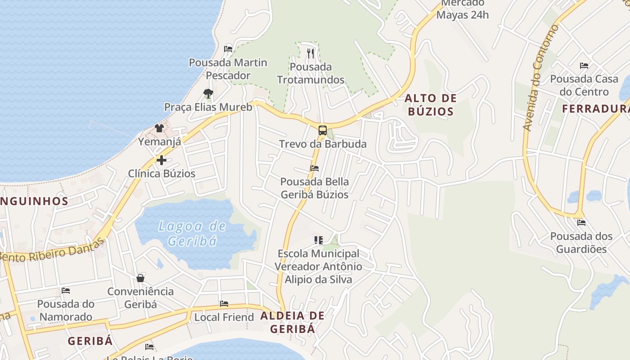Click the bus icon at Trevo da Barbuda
pos(322,130)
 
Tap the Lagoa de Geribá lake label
pos(192,233)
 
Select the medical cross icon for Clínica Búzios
pos(162,160)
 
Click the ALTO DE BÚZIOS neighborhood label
pos(430,105)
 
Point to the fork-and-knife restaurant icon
pos(310,54)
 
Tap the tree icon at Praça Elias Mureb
pos(208,94)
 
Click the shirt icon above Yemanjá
pos(159,128)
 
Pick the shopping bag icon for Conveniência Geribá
pos(140,278)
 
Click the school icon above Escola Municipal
pos(319,240)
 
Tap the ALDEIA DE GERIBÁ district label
pos(292,322)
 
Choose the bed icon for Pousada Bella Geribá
pos(315,168)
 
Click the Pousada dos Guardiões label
pos(581,243)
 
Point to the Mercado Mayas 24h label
pos(463,9)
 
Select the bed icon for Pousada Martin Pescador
pos(228,49)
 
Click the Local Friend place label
pos(224,317)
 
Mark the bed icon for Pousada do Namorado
pos(66,291)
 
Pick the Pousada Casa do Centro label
pos(584,85)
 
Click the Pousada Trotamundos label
pos(310,73)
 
